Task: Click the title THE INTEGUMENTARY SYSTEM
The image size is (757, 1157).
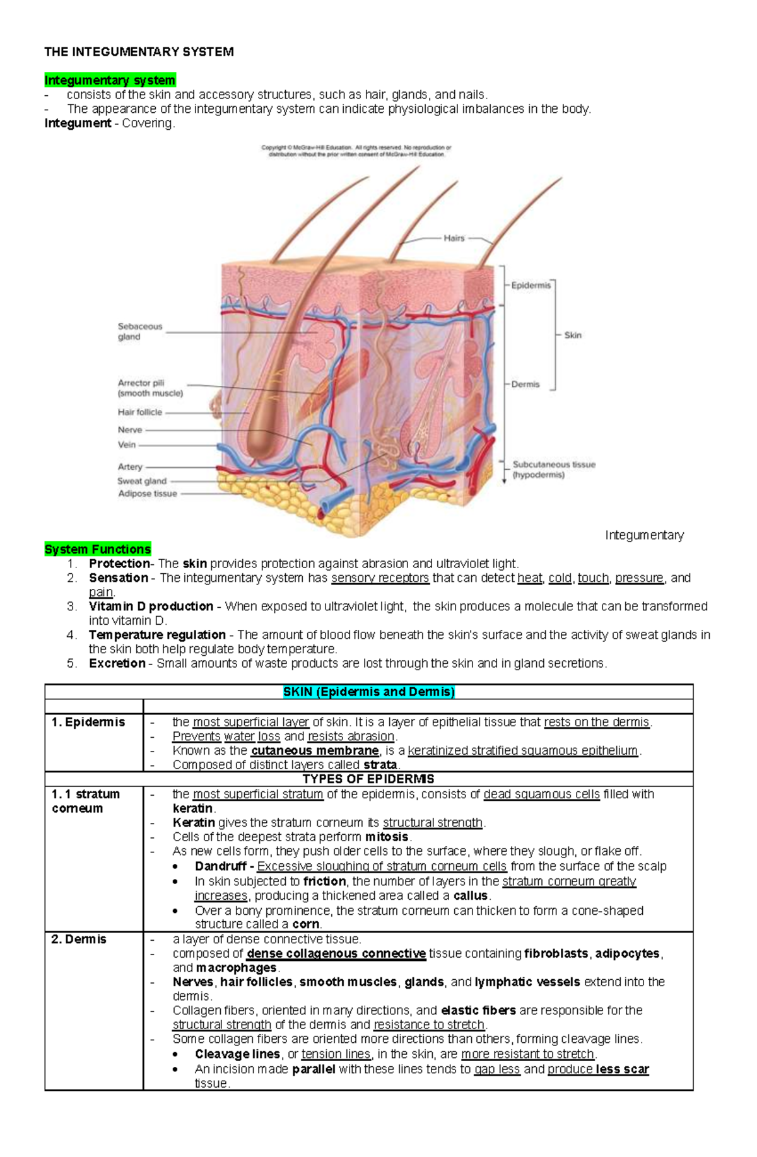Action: pos(139,52)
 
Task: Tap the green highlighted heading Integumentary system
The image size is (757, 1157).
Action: pos(110,80)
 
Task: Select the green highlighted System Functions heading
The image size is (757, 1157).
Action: pos(98,549)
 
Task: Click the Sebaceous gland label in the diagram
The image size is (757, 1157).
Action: pos(139,332)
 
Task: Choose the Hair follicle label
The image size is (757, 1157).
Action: pos(139,412)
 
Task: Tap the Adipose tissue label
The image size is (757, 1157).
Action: pos(148,494)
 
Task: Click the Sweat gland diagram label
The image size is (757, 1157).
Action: pos(142,481)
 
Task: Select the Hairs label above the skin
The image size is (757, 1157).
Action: pos(454,238)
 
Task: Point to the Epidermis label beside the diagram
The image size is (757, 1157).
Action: pos(531,286)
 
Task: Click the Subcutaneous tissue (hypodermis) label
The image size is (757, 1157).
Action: pos(553,470)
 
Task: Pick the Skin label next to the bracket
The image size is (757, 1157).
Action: pos(573,335)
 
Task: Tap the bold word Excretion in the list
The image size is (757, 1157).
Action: pos(117,663)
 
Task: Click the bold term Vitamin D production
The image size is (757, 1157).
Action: pos(151,607)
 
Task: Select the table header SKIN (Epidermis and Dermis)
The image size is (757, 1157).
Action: pos(369,692)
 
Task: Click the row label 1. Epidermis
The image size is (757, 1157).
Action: pos(88,723)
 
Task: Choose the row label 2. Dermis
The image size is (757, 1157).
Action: pos(79,939)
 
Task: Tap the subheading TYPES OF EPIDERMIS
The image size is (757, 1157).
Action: pos(368,779)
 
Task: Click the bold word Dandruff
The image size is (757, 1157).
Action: pos(220,866)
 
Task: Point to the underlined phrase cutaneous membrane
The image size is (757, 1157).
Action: pos(315,751)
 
